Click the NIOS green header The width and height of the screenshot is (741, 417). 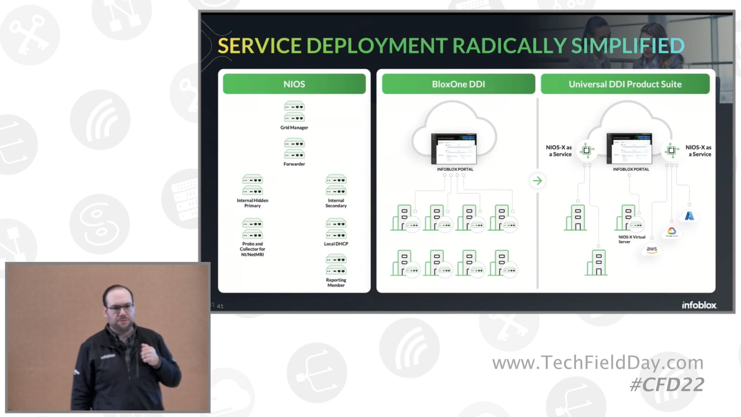click(x=294, y=84)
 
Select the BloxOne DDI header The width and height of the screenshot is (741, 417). click(x=458, y=84)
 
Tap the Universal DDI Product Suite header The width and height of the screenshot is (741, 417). click(x=625, y=84)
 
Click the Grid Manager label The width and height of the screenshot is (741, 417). click(x=294, y=127)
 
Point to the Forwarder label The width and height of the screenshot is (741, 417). click(x=294, y=164)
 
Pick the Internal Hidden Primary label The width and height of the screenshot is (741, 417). click(x=252, y=203)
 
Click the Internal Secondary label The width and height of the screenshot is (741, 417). click(x=336, y=203)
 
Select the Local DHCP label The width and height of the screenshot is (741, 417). click(x=336, y=244)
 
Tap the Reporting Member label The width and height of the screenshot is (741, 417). click(x=336, y=283)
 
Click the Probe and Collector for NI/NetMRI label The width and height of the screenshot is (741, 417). click(x=252, y=249)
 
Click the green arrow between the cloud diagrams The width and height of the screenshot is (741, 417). click(x=537, y=181)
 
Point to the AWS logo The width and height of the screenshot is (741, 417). click(x=651, y=249)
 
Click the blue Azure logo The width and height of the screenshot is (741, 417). click(x=689, y=216)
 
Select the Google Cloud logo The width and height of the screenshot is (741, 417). click(x=672, y=231)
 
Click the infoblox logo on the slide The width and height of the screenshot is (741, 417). click(x=699, y=305)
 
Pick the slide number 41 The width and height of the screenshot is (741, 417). click(x=220, y=306)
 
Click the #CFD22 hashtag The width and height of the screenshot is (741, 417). click(x=667, y=385)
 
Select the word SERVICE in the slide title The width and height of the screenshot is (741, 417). click(x=259, y=46)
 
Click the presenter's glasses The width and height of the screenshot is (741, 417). click(x=120, y=308)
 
